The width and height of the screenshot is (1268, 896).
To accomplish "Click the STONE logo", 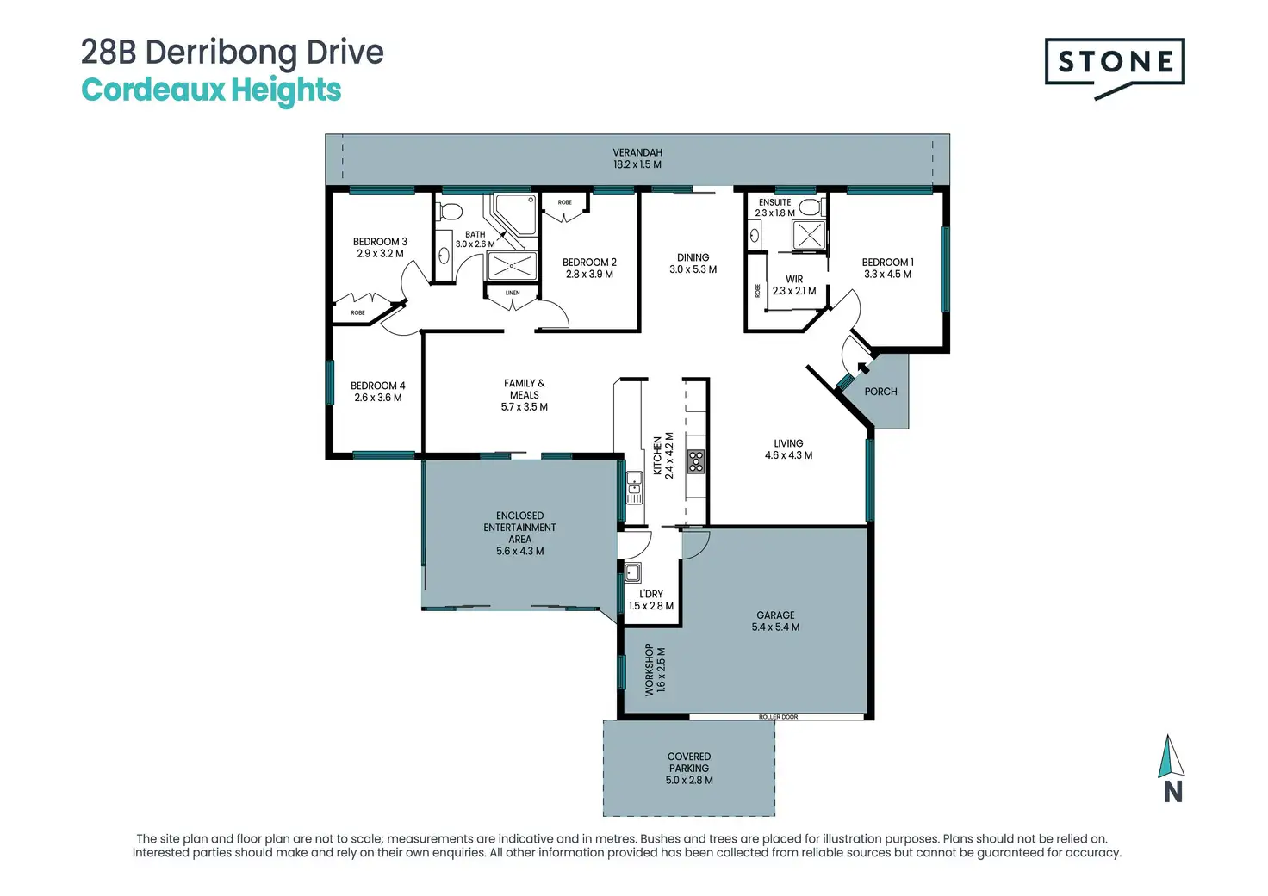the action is tap(1114, 68).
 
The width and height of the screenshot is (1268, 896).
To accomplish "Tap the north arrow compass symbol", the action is tap(1171, 768).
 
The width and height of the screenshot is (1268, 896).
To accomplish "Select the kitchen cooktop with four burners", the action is tap(696, 461).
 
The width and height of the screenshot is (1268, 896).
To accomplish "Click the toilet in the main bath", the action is tap(449, 212).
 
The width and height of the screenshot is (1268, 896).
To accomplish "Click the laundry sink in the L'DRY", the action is tap(632, 572).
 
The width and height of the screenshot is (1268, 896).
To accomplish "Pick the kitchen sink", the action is tap(634, 487).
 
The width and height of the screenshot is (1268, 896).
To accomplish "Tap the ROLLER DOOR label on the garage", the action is tap(778, 717).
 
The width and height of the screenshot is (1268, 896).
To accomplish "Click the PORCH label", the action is tap(880, 392).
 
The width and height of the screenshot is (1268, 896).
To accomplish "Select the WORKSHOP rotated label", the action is tap(650, 670).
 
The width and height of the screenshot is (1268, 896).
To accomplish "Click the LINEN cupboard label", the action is tap(513, 293).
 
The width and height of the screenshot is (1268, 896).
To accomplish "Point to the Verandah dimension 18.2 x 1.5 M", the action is tap(637, 164).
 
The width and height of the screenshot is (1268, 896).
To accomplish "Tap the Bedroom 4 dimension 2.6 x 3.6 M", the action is tap(377, 398).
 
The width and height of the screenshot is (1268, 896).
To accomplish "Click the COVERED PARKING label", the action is tap(689, 762).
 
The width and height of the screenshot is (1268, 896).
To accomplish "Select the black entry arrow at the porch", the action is tap(862, 368).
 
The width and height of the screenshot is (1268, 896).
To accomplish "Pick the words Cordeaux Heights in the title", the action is tap(211, 90).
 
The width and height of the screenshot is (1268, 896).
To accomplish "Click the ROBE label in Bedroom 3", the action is tap(357, 312).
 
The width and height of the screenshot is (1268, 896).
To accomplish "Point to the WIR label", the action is tap(793, 280).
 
